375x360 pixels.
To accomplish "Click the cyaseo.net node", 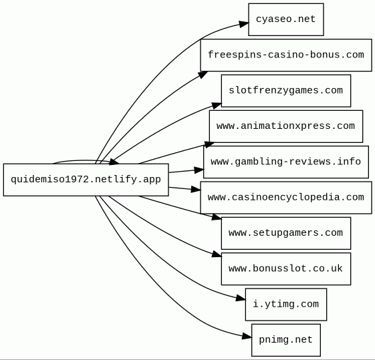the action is [x=286, y=19].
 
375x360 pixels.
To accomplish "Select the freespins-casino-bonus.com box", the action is [x=286, y=55].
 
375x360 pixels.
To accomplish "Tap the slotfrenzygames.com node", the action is [x=286, y=91].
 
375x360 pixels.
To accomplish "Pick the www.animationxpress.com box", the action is [x=286, y=126].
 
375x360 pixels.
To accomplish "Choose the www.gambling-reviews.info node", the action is [x=286, y=162].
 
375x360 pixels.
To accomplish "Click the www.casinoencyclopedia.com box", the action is [x=286, y=198].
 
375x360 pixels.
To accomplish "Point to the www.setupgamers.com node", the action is [x=286, y=233].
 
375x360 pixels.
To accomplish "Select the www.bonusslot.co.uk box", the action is [x=286, y=268].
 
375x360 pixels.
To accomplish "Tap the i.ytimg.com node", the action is [x=286, y=305].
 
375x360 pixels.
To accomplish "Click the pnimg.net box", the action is [x=286, y=340].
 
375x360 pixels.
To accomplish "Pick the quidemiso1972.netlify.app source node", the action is [x=86, y=180].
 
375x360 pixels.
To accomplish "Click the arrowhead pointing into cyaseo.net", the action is [x=244, y=24].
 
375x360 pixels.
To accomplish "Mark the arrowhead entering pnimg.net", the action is [x=247, y=337].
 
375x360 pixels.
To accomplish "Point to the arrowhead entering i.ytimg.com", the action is [x=241, y=298].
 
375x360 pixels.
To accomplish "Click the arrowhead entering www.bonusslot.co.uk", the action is [x=217, y=254].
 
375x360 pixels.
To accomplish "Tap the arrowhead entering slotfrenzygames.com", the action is [x=217, y=106].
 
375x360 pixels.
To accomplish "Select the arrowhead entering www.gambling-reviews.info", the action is [x=199, y=170].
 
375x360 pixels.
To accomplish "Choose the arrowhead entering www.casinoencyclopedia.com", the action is [x=196, y=190].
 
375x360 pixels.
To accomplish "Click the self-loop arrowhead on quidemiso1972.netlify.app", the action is [x=114, y=162].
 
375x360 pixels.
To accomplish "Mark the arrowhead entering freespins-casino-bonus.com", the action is [x=203, y=75].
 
